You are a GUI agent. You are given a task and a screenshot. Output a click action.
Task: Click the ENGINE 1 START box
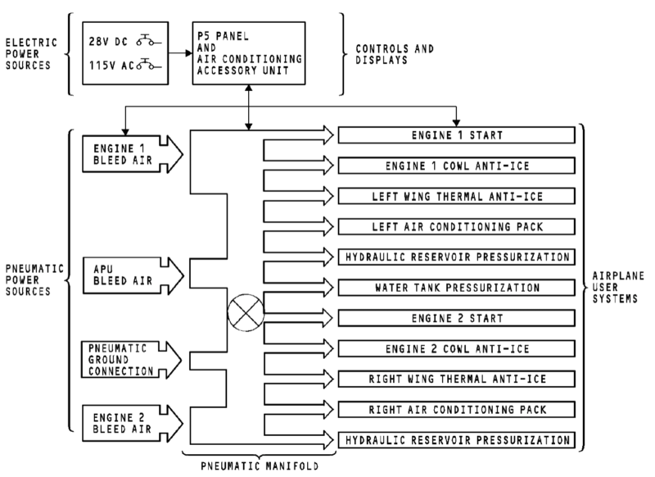456,134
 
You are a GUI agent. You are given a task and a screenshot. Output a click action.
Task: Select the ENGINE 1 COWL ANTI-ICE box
456,165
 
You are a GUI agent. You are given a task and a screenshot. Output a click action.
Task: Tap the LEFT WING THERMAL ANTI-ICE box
456,196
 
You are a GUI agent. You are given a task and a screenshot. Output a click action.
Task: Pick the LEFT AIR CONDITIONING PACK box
456,226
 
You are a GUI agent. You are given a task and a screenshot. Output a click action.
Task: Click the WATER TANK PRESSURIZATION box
456,288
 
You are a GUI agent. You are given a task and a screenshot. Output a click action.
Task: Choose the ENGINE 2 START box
456,318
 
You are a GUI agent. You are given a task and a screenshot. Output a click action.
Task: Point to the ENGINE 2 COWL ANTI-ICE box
456,349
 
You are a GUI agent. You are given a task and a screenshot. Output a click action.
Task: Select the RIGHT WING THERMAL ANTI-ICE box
456,379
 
